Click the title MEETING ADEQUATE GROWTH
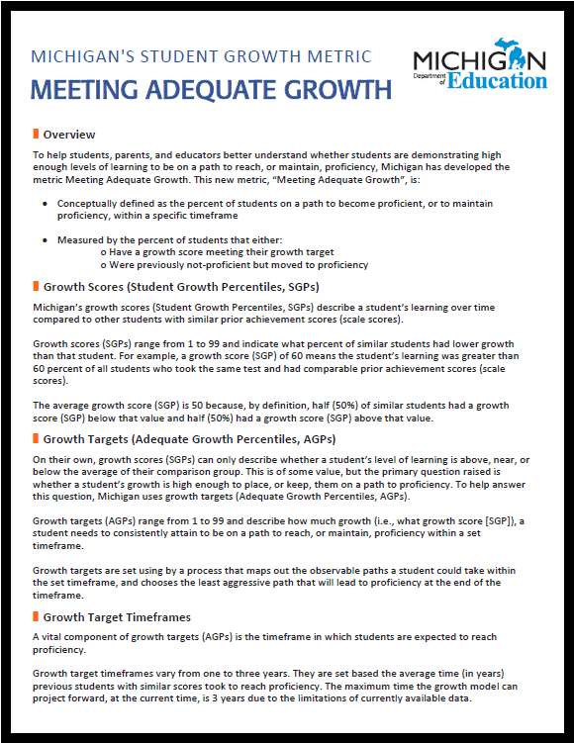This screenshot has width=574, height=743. pyautogui.click(x=212, y=91)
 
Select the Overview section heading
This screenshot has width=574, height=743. pyautogui.click(x=69, y=134)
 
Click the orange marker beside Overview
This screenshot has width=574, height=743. pyautogui.click(x=37, y=134)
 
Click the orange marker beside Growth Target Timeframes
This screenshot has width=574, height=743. pyautogui.click(x=37, y=616)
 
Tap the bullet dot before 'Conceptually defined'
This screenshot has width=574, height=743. pyautogui.click(x=46, y=203)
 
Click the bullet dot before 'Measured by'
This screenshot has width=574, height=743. pyautogui.click(x=46, y=239)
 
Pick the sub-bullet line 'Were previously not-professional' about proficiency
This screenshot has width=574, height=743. pyautogui.click(x=238, y=264)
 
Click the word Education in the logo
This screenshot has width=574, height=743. pyautogui.click(x=497, y=80)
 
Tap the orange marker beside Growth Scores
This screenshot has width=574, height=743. pyautogui.click(x=37, y=287)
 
